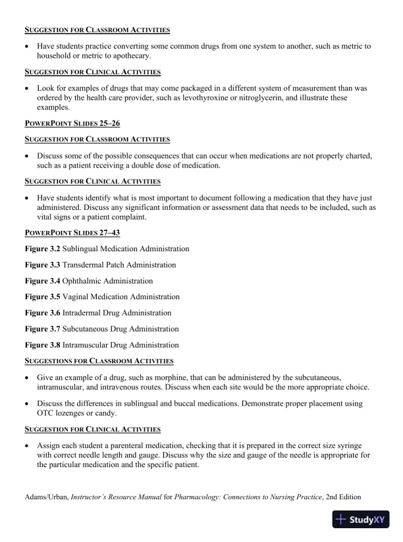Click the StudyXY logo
click(361, 520)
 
